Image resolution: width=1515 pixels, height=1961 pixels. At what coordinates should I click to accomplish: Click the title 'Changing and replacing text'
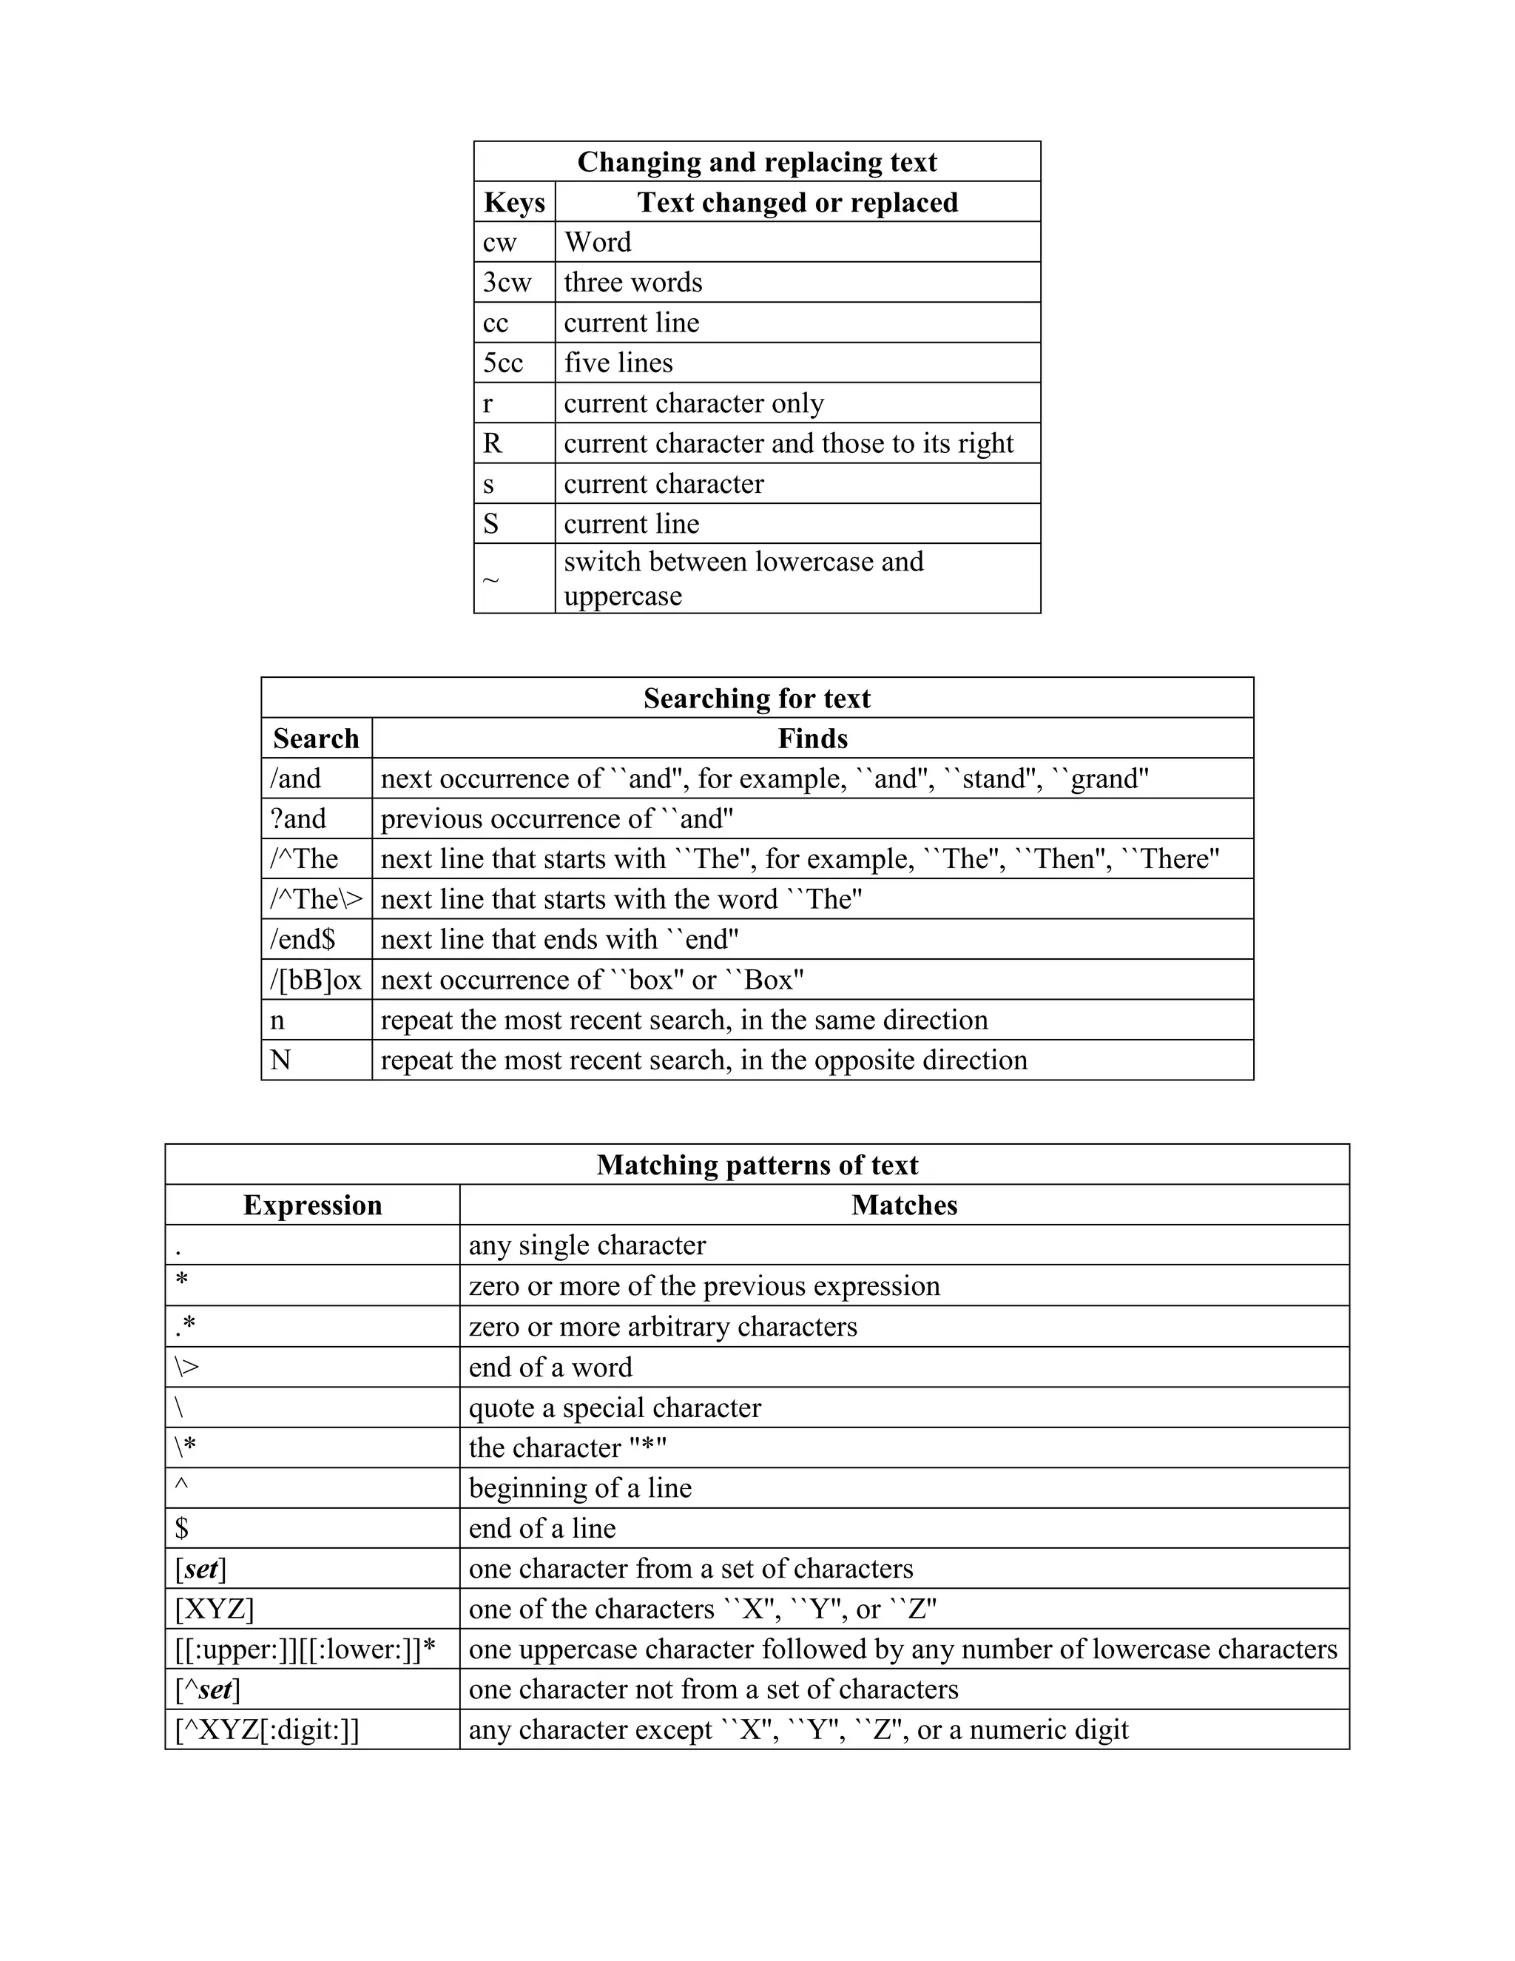(x=757, y=161)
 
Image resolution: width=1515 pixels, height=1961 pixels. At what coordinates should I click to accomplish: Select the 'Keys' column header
(x=514, y=202)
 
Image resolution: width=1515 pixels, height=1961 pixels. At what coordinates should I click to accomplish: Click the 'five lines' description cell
(x=618, y=363)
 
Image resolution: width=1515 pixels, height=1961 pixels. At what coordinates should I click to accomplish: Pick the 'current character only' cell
(x=694, y=403)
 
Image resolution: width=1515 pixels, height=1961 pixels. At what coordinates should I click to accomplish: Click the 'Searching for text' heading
(x=757, y=698)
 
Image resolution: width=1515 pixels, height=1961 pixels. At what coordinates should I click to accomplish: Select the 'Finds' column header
(x=812, y=738)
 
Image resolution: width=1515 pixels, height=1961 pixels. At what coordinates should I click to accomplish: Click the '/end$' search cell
(x=303, y=939)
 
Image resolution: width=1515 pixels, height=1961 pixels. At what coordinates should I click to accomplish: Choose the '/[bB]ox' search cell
(x=316, y=980)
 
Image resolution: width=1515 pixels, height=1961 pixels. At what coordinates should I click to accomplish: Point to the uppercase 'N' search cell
(x=280, y=1060)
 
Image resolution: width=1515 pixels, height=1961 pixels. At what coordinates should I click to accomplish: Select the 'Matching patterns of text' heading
(x=757, y=1165)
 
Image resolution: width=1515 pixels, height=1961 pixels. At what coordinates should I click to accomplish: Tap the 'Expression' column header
(x=312, y=1205)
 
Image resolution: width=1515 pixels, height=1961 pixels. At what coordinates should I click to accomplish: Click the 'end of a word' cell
(x=550, y=1367)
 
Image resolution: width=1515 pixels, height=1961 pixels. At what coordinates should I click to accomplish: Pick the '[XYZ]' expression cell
(x=215, y=1609)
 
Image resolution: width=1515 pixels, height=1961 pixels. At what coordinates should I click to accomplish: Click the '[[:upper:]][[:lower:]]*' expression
(x=306, y=1649)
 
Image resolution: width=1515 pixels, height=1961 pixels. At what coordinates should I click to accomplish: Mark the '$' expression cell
(x=182, y=1528)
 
